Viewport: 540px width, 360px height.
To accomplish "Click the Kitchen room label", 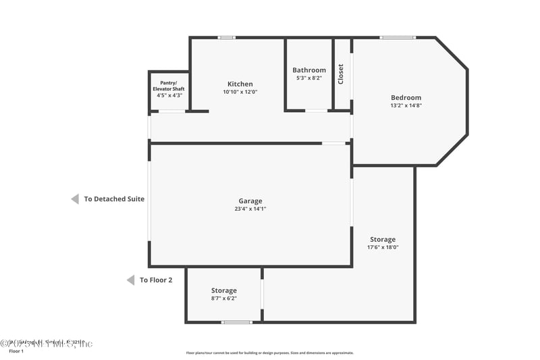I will coord(240,84).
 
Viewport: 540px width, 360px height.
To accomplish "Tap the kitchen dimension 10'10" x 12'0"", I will coord(240,92).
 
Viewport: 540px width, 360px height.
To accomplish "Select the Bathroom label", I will coord(309,70).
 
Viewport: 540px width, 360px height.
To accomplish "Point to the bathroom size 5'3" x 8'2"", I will coord(309,78).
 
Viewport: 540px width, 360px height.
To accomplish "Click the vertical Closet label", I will coord(341,74).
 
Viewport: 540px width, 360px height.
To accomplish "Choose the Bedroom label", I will coord(406,97).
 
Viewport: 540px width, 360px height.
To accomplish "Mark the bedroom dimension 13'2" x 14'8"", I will coord(406,105).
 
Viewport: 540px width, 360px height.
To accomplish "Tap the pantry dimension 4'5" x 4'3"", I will coord(168,95).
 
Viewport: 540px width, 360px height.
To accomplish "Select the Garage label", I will coord(250,201).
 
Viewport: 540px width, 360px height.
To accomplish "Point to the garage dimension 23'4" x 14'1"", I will coord(250,209).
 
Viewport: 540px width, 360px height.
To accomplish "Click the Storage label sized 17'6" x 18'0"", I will coord(383,239).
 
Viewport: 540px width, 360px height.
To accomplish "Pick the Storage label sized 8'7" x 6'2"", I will coord(223,290).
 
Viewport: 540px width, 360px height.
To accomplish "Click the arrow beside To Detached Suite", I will coord(75,199).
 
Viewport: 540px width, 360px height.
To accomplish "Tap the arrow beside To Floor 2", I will coord(130,280).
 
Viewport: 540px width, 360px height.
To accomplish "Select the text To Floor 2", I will coord(156,280).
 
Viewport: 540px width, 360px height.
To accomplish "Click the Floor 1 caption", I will coord(16,351).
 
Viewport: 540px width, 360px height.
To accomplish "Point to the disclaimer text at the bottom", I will coord(269,353).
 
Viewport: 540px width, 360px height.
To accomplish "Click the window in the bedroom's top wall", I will coord(398,37).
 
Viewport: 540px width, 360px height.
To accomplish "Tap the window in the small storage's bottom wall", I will coord(237,322).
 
